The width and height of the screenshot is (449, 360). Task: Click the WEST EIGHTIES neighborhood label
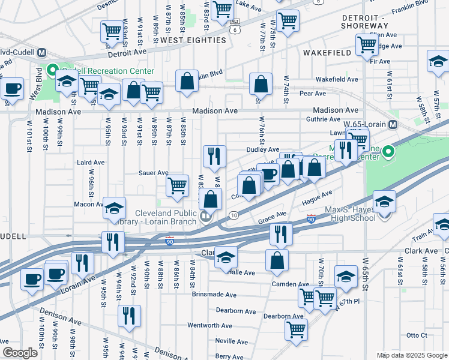193,40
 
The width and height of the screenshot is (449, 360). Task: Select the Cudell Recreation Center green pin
52,70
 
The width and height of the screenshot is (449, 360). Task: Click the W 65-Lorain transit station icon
393,125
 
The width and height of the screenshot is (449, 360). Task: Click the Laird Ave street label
91,163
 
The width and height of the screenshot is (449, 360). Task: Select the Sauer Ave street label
154,173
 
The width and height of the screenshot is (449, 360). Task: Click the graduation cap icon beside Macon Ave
114,208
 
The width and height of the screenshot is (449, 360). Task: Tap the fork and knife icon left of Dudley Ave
214,156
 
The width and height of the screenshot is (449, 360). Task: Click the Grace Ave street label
273,215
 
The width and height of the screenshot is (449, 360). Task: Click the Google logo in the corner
20,353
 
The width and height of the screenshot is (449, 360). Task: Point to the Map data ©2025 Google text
411,355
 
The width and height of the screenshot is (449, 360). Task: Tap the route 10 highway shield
233,215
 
